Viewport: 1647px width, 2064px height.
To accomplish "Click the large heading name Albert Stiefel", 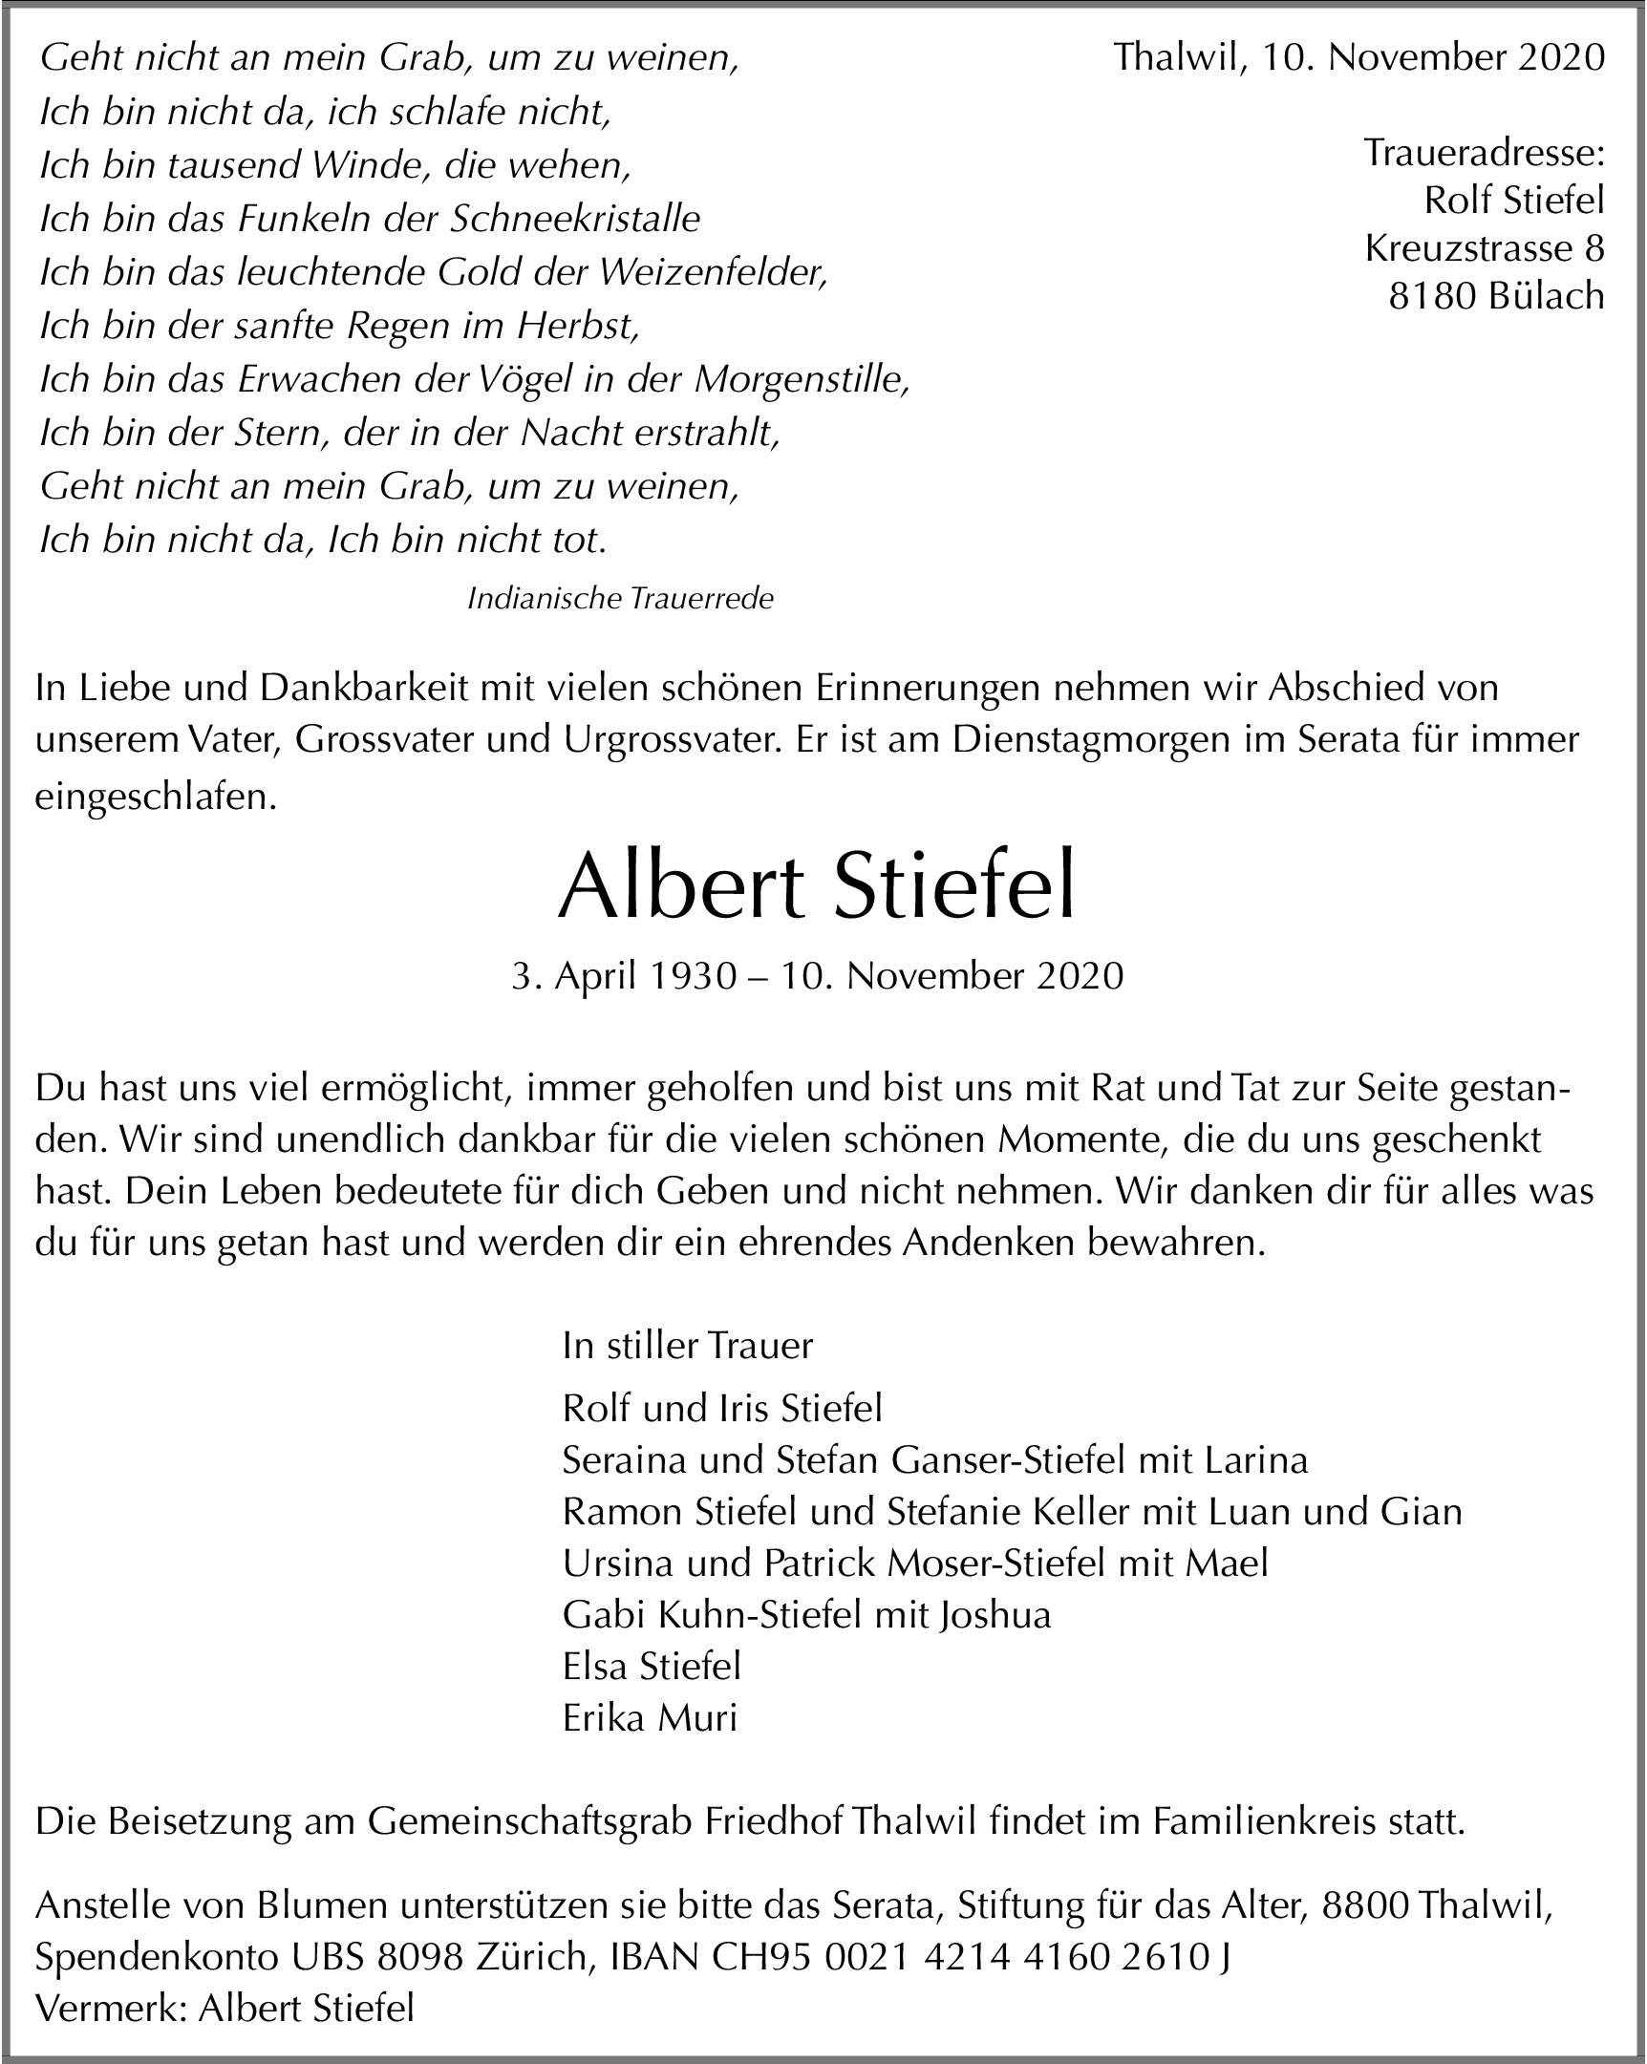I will click(x=817, y=885).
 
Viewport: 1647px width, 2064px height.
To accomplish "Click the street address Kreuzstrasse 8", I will click(x=1485, y=248).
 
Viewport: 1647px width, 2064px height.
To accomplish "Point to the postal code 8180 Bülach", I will click(x=1496, y=296).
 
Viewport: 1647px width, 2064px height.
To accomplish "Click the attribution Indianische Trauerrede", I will click(x=620, y=599).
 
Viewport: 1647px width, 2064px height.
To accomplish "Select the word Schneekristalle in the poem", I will click(x=575, y=220).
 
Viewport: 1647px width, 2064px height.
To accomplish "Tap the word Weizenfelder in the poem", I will click(x=714, y=273).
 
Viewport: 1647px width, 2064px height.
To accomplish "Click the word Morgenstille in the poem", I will click(x=802, y=380).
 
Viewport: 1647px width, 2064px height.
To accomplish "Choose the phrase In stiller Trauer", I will click(x=688, y=1345).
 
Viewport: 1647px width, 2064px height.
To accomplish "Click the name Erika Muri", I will click(x=650, y=1718).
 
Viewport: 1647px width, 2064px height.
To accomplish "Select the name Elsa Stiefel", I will click(x=652, y=1667).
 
